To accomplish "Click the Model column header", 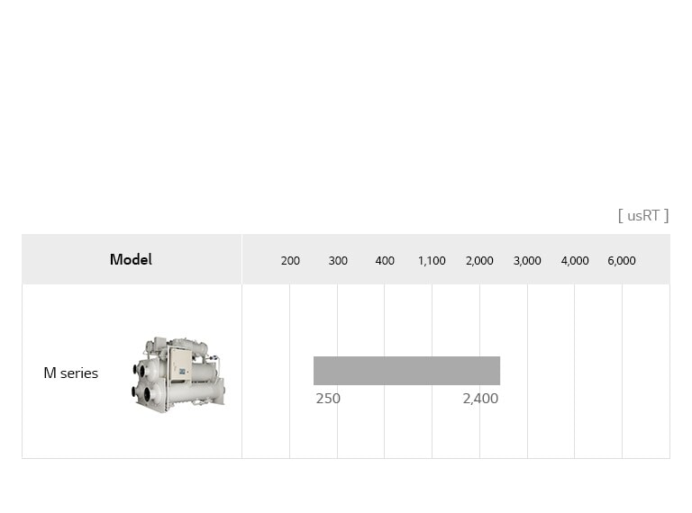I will point(131,259).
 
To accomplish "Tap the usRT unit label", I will point(643,215).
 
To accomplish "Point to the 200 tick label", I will point(290,261).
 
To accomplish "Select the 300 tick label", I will point(338,261).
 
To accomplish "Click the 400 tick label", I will point(385,261).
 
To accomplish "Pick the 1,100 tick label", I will point(432,261).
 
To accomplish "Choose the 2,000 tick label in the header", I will point(479,261).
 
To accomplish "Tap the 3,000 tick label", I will point(527,261).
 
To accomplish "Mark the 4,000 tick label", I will point(575,261).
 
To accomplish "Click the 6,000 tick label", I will point(622,261).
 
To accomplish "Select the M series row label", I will point(70,373).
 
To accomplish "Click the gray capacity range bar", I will point(406,370).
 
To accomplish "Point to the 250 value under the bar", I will point(328,398).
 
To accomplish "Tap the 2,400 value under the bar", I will point(480,398).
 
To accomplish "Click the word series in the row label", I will point(78,373).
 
